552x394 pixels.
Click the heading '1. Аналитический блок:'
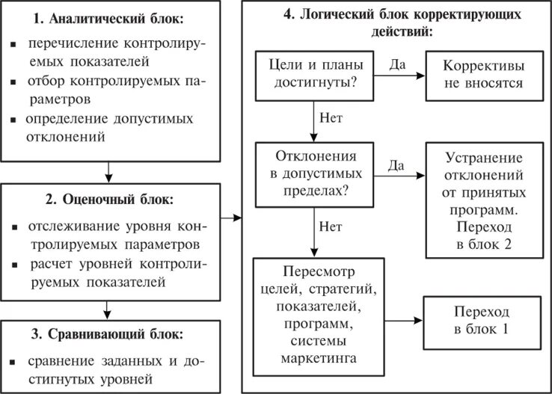(x=109, y=19)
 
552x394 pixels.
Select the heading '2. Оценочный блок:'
(x=109, y=200)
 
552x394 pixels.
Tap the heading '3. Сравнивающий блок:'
(x=109, y=333)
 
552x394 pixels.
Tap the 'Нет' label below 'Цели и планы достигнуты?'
(x=331, y=118)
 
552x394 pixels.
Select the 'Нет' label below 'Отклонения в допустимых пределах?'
(x=331, y=225)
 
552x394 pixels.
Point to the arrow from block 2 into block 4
(x=232, y=218)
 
